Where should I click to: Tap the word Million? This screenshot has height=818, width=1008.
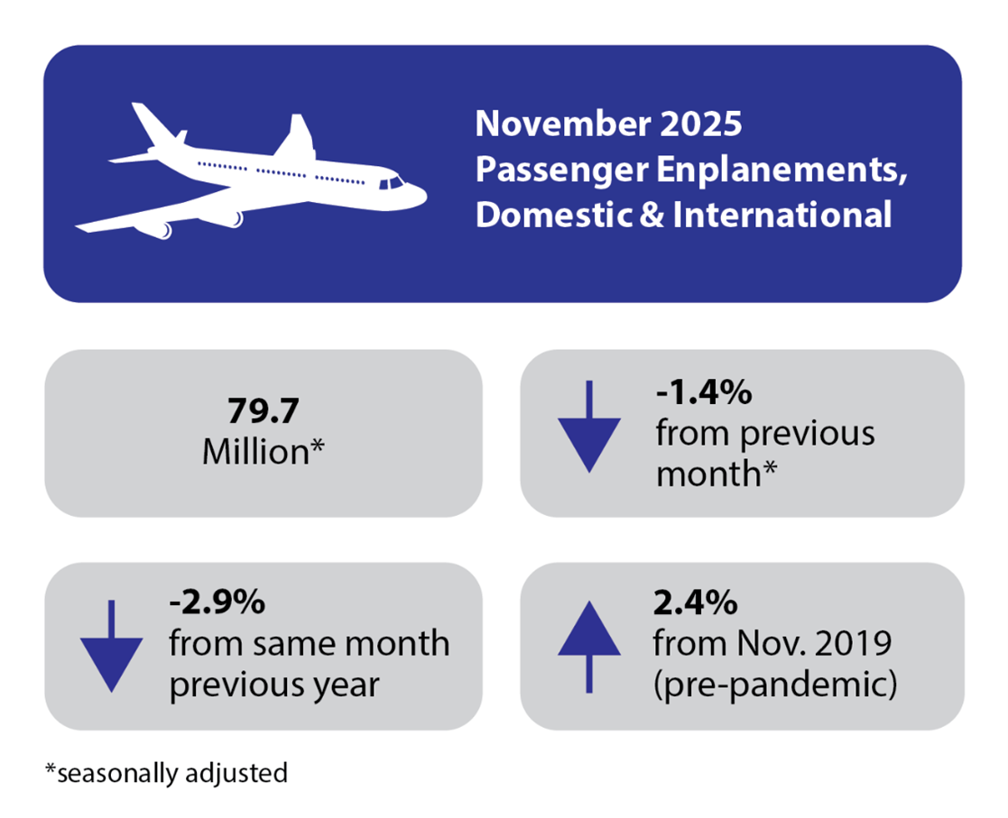(x=256, y=452)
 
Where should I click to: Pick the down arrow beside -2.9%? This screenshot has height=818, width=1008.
(x=111, y=646)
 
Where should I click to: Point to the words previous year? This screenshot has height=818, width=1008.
(x=274, y=685)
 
